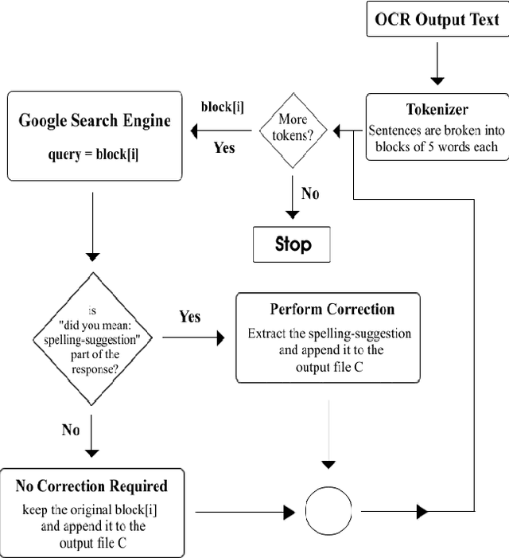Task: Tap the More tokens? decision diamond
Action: pos(293,131)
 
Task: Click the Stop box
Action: pos(293,244)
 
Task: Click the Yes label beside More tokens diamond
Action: pos(224,147)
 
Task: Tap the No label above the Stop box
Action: pos(310,193)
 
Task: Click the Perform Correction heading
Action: pos(332,309)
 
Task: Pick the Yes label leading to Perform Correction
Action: pos(189,317)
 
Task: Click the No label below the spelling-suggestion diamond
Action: pos(71,430)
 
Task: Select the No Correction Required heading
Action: pos(91,485)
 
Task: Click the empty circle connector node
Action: pos(328,509)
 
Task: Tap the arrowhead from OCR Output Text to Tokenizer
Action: pos(437,80)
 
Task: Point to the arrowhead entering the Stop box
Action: pos(293,213)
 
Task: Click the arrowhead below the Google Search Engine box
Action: pos(93,256)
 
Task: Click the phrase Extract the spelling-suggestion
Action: pos(329,333)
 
